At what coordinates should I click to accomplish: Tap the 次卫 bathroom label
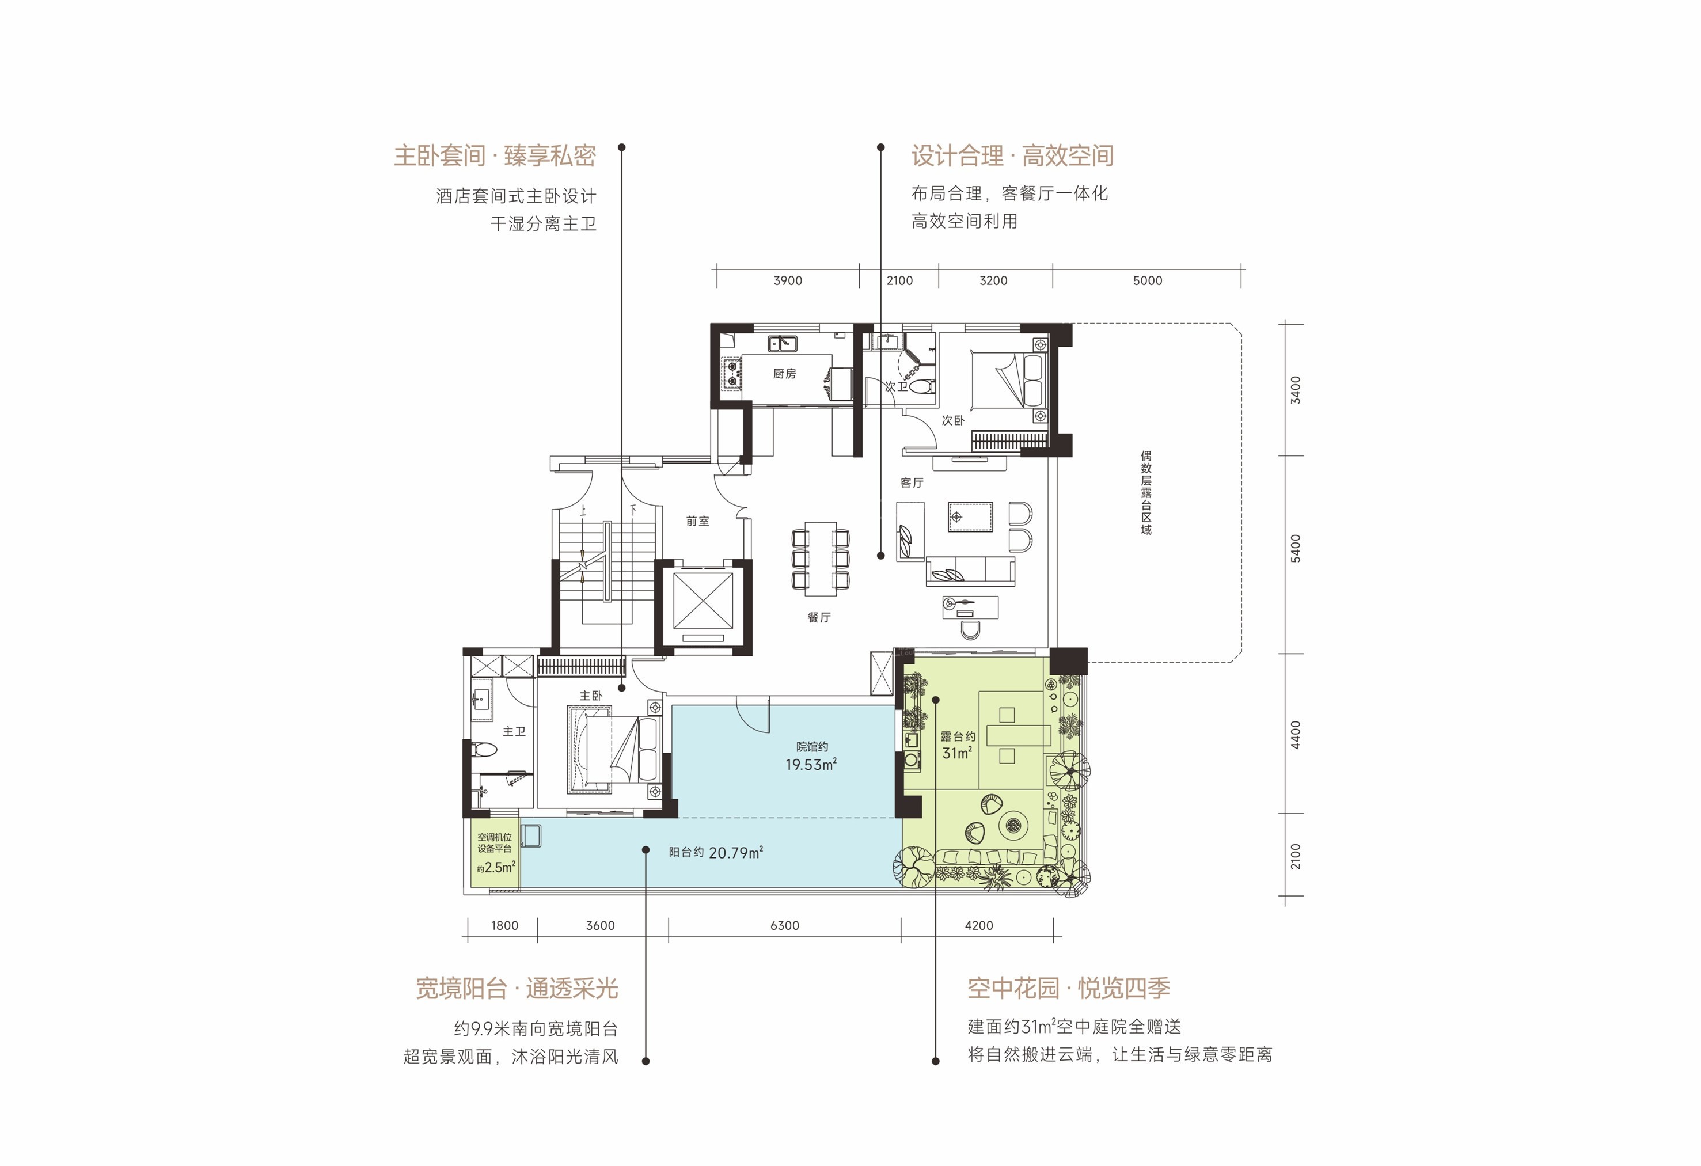point(896,386)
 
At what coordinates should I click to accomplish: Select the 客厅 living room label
point(912,483)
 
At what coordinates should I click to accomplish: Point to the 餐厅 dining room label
point(819,617)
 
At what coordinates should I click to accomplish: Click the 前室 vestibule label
point(697,521)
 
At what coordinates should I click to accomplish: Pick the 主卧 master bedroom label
point(591,696)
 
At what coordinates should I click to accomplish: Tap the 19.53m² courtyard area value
point(811,764)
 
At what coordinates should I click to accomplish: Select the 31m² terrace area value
point(958,753)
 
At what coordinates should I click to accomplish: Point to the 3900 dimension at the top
point(788,280)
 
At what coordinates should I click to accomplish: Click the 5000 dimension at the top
point(1147,280)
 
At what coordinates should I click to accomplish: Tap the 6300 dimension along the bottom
point(785,925)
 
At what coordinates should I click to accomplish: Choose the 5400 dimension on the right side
point(1296,548)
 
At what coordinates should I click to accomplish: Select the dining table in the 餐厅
point(821,558)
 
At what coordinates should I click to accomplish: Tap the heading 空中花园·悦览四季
point(1069,988)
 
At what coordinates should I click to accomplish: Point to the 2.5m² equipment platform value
point(500,867)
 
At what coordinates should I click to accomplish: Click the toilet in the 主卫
point(484,749)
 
